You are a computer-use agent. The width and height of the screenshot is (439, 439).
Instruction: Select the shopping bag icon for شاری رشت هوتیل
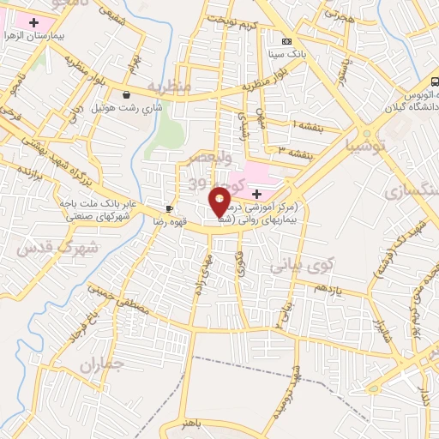tap(127, 94)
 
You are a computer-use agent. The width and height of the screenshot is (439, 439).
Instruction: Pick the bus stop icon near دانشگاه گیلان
tap(434, 82)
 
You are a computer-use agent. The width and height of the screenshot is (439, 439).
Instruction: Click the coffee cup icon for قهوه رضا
tap(169, 208)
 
